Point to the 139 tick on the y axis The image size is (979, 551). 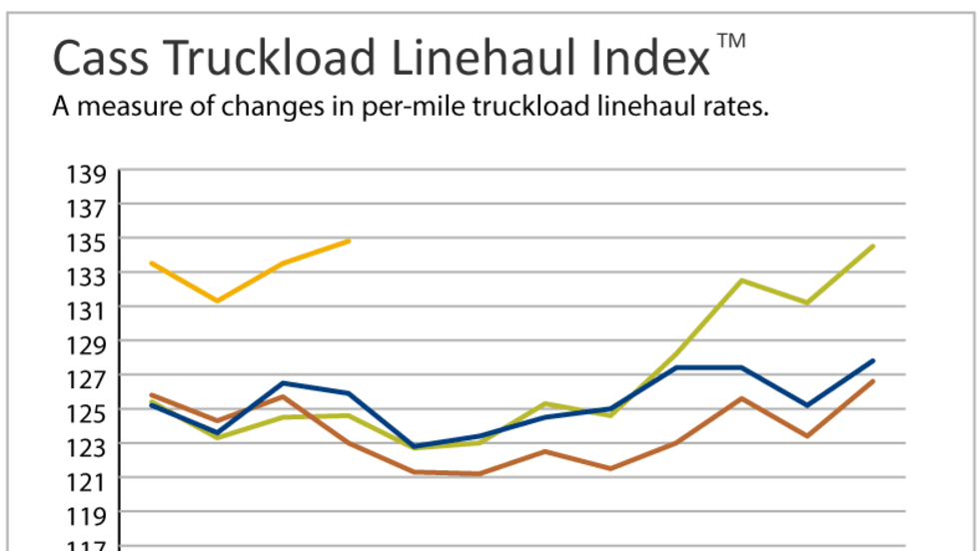click(88, 174)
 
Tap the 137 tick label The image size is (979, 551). click(88, 208)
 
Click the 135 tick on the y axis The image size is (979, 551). click(88, 242)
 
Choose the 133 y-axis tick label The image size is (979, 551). click(88, 275)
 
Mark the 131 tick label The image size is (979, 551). click(88, 309)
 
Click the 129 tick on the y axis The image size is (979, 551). click(88, 343)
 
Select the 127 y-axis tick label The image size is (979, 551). click(88, 377)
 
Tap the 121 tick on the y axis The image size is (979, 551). click(88, 480)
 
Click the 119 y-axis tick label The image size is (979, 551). click(88, 514)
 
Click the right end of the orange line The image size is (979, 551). click(349, 241)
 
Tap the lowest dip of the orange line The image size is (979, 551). click(217, 300)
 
